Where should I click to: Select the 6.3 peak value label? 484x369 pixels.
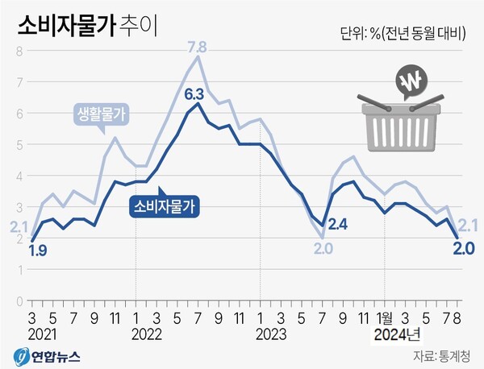point(194,95)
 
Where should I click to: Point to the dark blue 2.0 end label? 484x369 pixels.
point(463,247)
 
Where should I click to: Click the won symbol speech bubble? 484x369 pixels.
point(411,82)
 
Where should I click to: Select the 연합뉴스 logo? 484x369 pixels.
point(52,355)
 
